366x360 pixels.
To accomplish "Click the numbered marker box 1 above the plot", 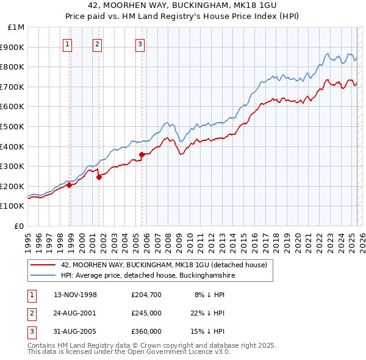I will pyautogui.click(x=67, y=43).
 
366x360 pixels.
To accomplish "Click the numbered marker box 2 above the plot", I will pyautogui.click(x=97, y=43).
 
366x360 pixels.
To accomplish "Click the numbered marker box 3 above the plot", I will pyautogui.click(x=140, y=43).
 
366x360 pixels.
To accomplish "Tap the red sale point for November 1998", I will pyautogui.click(x=70, y=185).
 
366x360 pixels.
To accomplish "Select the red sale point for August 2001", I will pyautogui.click(x=99, y=178).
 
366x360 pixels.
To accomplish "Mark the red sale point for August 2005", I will pyautogui.click(x=142, y=154).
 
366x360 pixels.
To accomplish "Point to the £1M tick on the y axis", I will pyautogui.click(x=16, y=27).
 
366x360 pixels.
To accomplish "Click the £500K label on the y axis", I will pyautogui.click(x=13, y=127).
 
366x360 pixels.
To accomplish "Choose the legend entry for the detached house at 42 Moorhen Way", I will pyautogui.click(x=164, y=265).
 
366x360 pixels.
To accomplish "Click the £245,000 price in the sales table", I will pyautogui.click(x=146, y=312).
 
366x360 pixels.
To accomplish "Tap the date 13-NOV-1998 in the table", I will pyautogui.click(x=75, y=295).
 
